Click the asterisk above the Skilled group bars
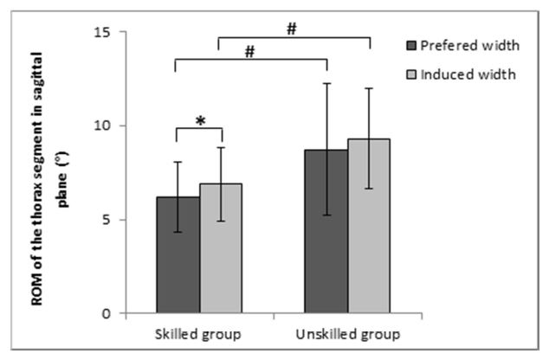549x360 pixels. click(x=200, y=121)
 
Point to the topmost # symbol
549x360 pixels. click(x=292, y=29)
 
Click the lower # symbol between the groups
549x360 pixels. click(x=249, y=52)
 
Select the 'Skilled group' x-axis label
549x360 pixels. click(x=198, y=334)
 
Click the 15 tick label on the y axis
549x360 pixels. click(x=104, y=32)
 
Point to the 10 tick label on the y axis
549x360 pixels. click(x=104, y=126)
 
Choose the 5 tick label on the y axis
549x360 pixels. click(x=107, y=220)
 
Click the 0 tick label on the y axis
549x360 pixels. click(x=107, y=313)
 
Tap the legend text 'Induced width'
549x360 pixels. click(x=468, y=74)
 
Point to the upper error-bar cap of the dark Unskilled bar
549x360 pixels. click(x=326, y=83)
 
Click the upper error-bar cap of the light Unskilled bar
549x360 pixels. click(x=371, y=88)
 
